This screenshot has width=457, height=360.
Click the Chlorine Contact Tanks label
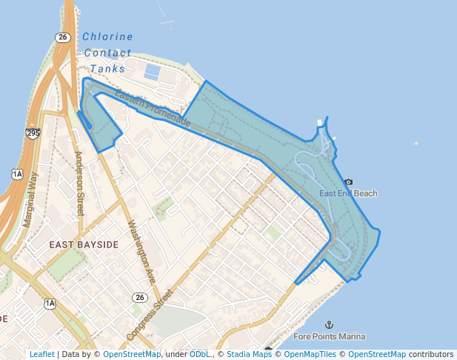[108, 53]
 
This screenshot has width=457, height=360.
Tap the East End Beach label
[348, 193]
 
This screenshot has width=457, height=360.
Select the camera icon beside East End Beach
[349, 181]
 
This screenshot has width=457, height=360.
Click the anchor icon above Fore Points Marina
[330, 324]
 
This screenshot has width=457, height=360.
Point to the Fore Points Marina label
[330, 336]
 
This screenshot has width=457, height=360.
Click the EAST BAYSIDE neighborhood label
[84, 244]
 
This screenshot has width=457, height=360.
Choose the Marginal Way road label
[30, 199]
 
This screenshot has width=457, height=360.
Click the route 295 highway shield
[33, 133]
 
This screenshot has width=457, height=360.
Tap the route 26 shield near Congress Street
[140, 297]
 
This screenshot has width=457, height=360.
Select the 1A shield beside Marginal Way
[17, 174]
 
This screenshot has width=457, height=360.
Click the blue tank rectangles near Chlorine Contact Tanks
[153, 72]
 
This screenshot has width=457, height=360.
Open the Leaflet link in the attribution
[42, 354]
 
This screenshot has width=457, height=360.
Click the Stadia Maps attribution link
[249, 354]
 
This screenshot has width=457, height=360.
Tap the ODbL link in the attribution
[200, 354]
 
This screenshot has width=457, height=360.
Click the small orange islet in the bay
[416, 144]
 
